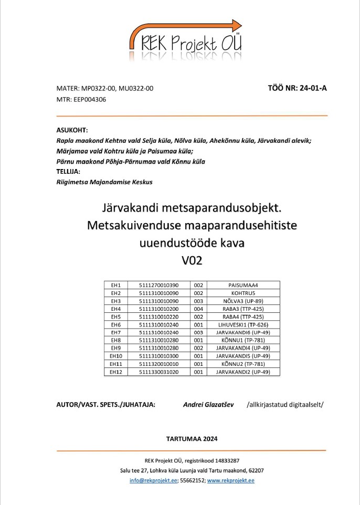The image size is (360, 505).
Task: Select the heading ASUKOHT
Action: coord(72,130)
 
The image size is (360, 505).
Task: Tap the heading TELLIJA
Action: coord(68,171)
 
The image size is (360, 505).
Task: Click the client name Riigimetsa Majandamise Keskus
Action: coord(104,182)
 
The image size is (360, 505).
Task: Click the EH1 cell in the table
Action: coord(116,285)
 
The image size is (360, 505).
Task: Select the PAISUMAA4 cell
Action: coord(243,285)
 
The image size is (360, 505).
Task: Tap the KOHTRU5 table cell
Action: coord(243,292)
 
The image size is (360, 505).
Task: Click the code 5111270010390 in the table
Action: coord(159,285)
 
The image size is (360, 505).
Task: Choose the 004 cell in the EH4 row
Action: coord(198,310)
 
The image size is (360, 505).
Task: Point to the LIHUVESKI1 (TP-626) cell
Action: coord(243,325)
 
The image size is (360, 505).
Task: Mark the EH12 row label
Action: coord(116,372)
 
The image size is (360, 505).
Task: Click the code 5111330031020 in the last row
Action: coord(159,372)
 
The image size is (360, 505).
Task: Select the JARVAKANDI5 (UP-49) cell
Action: coord(243,356)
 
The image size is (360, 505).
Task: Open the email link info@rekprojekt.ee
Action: coord(153,480)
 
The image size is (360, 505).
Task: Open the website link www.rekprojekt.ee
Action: coord(231,480)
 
